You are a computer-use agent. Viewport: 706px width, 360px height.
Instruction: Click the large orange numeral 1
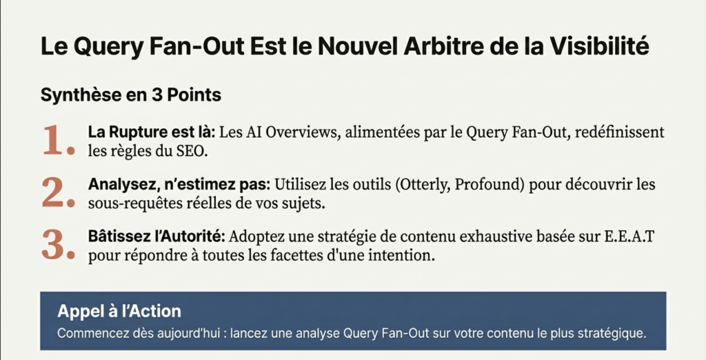57,140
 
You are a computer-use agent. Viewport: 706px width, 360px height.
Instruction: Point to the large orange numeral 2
57,193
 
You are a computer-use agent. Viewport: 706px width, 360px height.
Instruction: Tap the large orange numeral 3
57,246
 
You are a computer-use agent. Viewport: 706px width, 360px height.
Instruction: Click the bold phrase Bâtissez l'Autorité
156,237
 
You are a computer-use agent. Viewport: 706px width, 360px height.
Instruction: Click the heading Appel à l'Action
119,311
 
